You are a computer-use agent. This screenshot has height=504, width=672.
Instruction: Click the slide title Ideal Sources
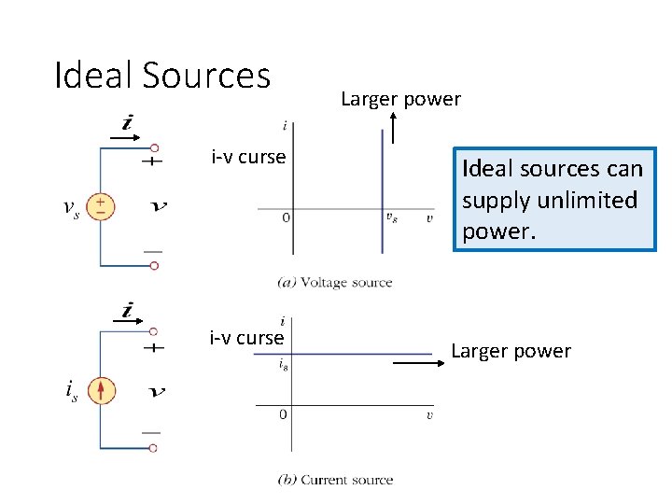click(162, 75)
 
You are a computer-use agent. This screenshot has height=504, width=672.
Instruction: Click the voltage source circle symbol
click(101, 206)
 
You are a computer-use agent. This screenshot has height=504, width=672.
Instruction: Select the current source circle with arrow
click(102, 389)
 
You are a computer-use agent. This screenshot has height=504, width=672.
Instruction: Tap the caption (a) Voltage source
click(335, 283)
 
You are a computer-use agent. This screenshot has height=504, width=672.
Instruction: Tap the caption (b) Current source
click(336, 480)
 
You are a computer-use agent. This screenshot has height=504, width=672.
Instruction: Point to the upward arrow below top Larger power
click(394, 128)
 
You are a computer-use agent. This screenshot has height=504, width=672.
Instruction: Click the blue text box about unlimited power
click(554, 200)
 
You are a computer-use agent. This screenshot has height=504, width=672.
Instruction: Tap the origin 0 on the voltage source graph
click(285, 217)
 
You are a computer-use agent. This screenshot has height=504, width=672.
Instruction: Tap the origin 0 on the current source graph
click(283, 414)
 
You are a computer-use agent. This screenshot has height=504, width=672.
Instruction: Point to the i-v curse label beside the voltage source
click(248, 157)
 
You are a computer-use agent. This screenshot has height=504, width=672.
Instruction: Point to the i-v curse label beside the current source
click(246, 338)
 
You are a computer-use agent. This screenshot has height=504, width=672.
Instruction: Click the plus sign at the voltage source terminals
click(151, 161)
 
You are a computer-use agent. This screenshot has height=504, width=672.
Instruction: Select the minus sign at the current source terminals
click(151, 432)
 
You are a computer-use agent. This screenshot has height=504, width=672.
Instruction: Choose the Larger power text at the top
click(400, 99)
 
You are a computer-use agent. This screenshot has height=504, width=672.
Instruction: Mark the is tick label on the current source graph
click(283, 366)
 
